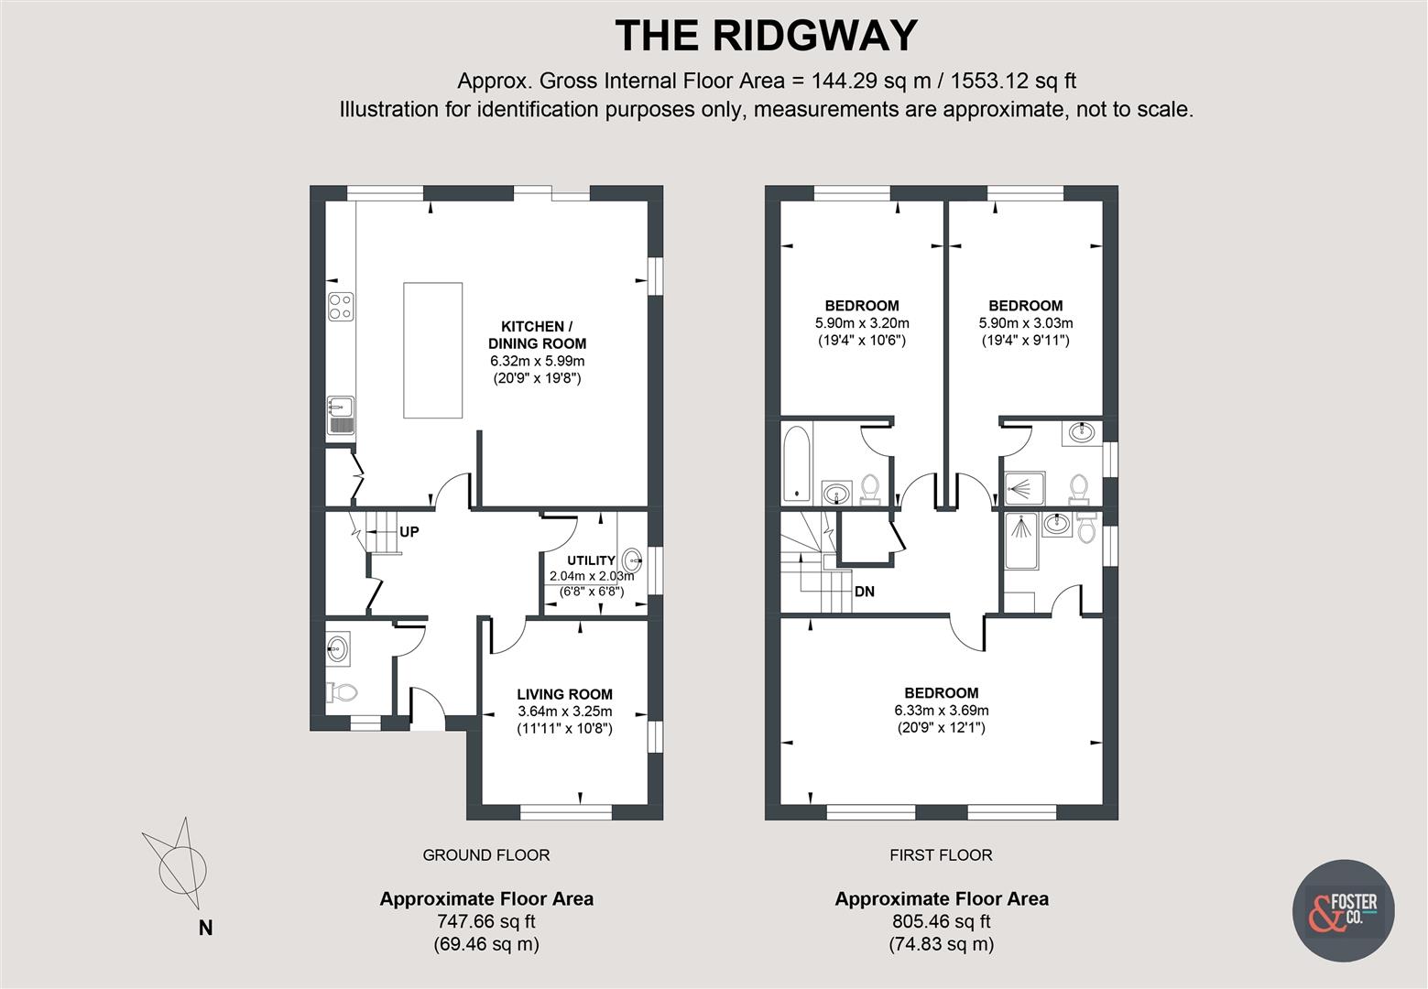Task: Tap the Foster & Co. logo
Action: point(1343,910)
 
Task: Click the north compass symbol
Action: point(180,861)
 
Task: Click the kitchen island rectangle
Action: point(432,349)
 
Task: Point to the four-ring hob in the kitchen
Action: point(341,306)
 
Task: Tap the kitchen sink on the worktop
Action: point(341,414)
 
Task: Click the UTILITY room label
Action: point(591,560)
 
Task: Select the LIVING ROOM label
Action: point(564,694)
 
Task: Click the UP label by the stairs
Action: point(409,531)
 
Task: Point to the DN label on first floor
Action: point(864,592)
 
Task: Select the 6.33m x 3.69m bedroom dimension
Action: point(942,710)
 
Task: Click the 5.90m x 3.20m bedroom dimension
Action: point(862,323)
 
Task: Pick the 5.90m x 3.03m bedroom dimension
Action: point(1026,323)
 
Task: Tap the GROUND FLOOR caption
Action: point(485,855)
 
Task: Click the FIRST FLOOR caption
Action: point(941,855)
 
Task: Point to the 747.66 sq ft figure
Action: point(485,922)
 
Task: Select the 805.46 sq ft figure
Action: point(941,922)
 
